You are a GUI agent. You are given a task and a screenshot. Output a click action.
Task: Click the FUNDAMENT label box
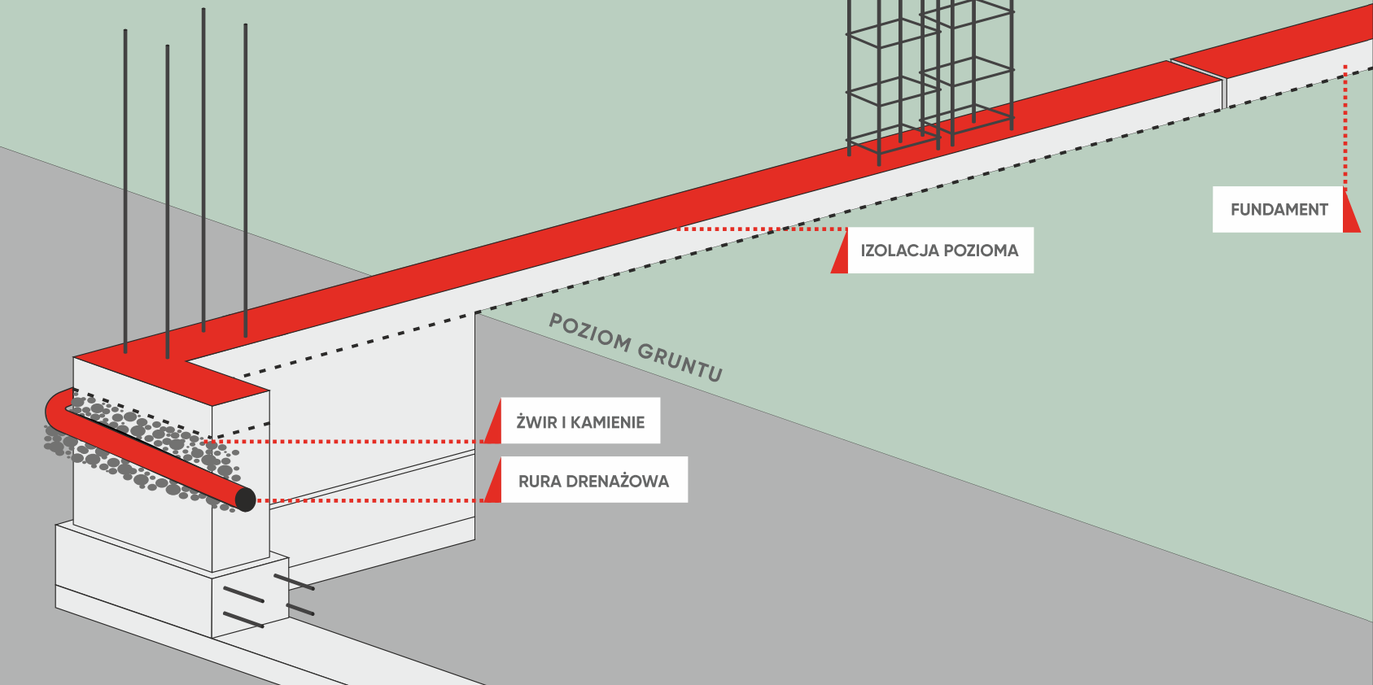coord(1278,210)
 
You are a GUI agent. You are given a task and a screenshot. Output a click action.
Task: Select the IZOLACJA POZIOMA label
coord(940,251)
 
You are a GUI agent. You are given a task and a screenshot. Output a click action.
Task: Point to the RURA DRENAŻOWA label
coord(594,480)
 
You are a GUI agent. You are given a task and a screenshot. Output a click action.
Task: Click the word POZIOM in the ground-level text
coord(589,334)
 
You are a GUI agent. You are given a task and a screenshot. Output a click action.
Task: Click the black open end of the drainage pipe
coord(245,500)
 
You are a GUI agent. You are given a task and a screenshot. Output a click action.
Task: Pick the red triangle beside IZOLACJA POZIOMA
coord(841,251)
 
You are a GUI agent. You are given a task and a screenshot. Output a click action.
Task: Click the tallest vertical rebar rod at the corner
coord(203,170)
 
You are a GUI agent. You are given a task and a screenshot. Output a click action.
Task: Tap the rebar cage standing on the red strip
coord(929,76)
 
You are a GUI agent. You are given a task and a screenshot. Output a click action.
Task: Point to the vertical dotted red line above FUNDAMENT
coord(1345,126)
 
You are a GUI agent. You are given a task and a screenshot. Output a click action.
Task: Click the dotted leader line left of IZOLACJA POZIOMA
coord(763,229)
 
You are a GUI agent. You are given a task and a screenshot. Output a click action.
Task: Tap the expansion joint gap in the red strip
coord(1198,68)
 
